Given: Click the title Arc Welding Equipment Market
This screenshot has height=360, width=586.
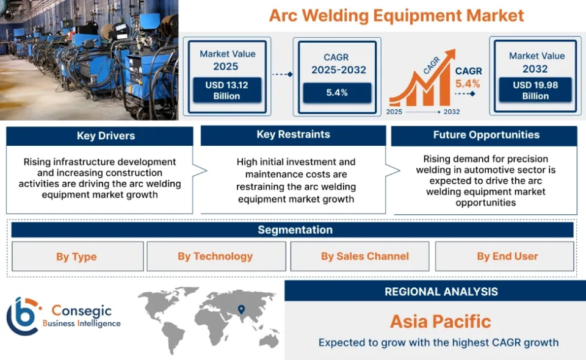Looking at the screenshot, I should [x=397, y=15].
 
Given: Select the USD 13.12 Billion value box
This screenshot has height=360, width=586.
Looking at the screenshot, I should [x=226, y=90].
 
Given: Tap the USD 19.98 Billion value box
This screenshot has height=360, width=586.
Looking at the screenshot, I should [x=535, y=90].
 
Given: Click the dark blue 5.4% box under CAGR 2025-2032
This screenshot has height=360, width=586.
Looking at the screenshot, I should [x=337, y=93].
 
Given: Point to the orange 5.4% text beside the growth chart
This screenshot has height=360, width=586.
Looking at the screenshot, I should [x=468, y=84].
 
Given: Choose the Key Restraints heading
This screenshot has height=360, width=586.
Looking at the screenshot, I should [x=293, y=135].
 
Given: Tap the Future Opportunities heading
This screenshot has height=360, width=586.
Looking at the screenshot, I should [x=486, y=135].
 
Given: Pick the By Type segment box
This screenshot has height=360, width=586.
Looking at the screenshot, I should [x=77, y=257].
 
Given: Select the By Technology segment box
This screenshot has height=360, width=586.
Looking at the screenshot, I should [x=215, y=256].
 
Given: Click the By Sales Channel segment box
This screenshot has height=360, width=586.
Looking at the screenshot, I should [x=365, y=256].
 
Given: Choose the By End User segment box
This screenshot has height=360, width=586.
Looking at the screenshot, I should [x=507, y=256].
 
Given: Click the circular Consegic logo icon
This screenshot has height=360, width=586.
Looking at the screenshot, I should [x=23, y=316].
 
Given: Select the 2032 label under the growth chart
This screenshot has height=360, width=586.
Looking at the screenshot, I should [x=452, y=112].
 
